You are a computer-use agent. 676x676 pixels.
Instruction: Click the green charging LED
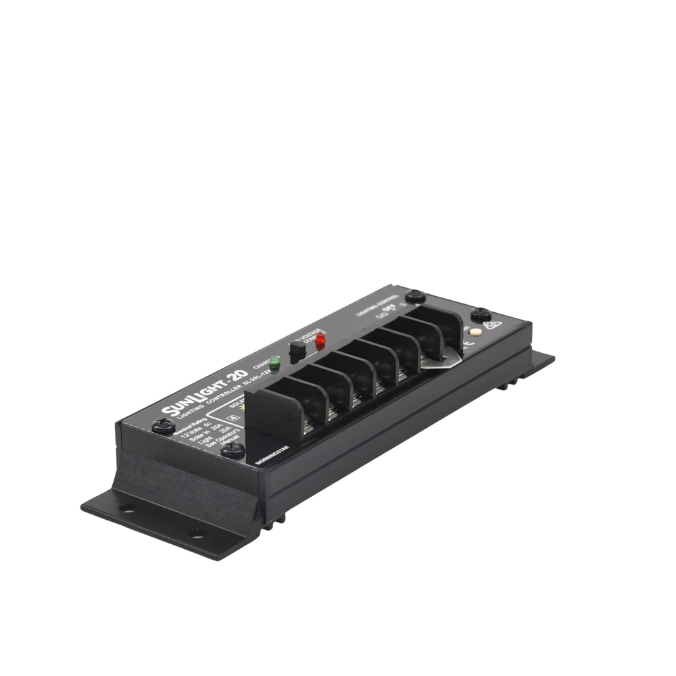(274, 360)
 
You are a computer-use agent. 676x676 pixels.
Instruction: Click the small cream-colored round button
(478, 333)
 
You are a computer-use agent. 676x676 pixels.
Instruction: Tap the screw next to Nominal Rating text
(162, 425)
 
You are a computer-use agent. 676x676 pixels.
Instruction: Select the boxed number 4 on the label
(235, 417)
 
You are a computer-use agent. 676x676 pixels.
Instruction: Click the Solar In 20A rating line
(196, 441)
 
